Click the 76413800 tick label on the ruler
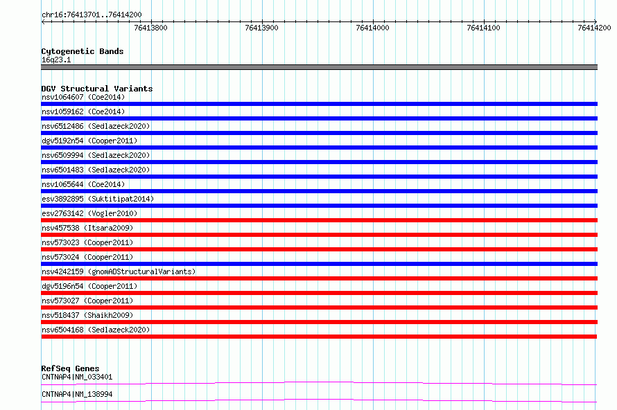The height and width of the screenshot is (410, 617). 150,28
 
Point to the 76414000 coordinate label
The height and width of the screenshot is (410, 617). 372,28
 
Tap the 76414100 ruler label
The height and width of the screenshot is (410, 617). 483,28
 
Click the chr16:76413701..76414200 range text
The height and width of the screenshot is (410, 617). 92,15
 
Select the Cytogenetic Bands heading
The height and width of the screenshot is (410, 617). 82,51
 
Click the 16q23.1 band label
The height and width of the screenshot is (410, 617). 56,60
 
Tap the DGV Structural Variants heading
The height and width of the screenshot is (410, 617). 97,89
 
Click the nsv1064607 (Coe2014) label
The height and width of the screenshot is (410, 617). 83,97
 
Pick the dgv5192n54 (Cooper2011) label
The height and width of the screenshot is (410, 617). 89,141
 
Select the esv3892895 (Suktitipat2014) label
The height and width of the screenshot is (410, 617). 98,199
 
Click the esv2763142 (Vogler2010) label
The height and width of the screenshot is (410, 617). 89,213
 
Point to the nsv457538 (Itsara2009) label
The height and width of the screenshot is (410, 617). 87,228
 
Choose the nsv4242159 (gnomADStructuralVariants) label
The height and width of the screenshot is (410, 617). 119,271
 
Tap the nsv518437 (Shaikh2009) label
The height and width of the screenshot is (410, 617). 87,315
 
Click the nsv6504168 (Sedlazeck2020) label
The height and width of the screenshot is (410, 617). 96,330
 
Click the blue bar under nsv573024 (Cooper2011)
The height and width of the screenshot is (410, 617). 319,264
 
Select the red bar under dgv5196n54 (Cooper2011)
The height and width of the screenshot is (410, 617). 319,293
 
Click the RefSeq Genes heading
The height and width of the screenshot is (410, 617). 70,368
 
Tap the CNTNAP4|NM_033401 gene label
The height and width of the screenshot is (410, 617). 77,377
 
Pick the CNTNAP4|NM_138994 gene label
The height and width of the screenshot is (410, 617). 77,394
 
